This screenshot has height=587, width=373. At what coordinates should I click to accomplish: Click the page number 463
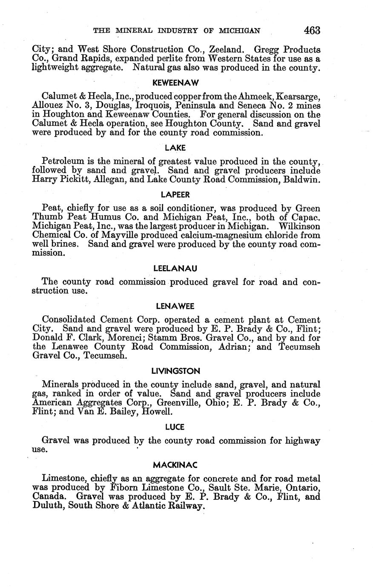pos(312,31)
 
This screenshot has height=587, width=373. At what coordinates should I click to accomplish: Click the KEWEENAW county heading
pos(176,83)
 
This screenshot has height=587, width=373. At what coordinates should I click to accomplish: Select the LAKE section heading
pos(175,148)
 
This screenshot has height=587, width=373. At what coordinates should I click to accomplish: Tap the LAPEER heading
pos(175,195)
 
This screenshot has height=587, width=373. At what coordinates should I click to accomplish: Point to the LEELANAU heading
pos(175,268)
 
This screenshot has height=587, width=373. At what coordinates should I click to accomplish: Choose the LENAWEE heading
pos(175,306)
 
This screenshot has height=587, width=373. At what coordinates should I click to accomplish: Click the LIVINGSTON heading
pos(175,371)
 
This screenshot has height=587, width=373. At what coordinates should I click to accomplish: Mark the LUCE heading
pos(175,427)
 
